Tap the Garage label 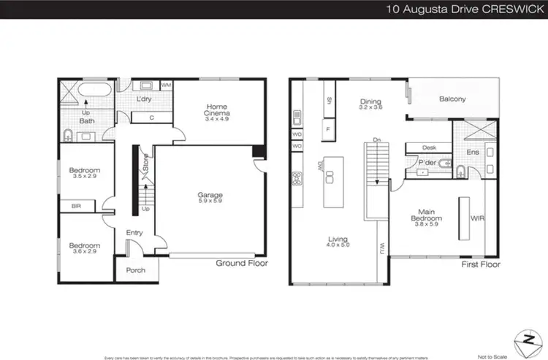(210, 195)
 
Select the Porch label (136, 270)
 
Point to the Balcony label (453, 99)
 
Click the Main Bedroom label (427, 215)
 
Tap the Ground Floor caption (242, 263)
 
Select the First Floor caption (480, 264)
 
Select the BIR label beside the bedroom (76, 207)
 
